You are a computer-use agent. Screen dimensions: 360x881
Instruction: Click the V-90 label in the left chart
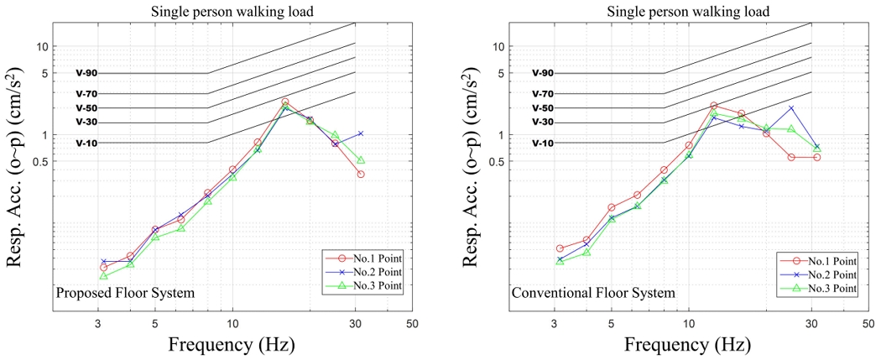86,74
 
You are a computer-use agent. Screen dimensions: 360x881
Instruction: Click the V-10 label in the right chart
543,143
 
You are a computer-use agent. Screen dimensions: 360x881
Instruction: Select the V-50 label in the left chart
86,108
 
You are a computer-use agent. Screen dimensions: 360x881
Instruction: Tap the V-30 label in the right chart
543,123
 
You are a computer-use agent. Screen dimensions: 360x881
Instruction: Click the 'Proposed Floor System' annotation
125,293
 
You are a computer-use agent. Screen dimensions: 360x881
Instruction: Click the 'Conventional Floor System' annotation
593,293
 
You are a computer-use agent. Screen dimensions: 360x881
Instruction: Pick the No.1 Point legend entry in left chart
362,259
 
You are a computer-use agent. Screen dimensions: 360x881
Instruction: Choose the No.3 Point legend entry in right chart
818,288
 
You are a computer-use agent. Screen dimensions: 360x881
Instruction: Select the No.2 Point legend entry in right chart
818,274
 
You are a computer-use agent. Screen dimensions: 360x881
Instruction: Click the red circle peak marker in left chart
285,102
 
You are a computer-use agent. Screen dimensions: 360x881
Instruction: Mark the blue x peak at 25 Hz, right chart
791,108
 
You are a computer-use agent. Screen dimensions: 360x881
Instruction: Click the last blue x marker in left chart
361,133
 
